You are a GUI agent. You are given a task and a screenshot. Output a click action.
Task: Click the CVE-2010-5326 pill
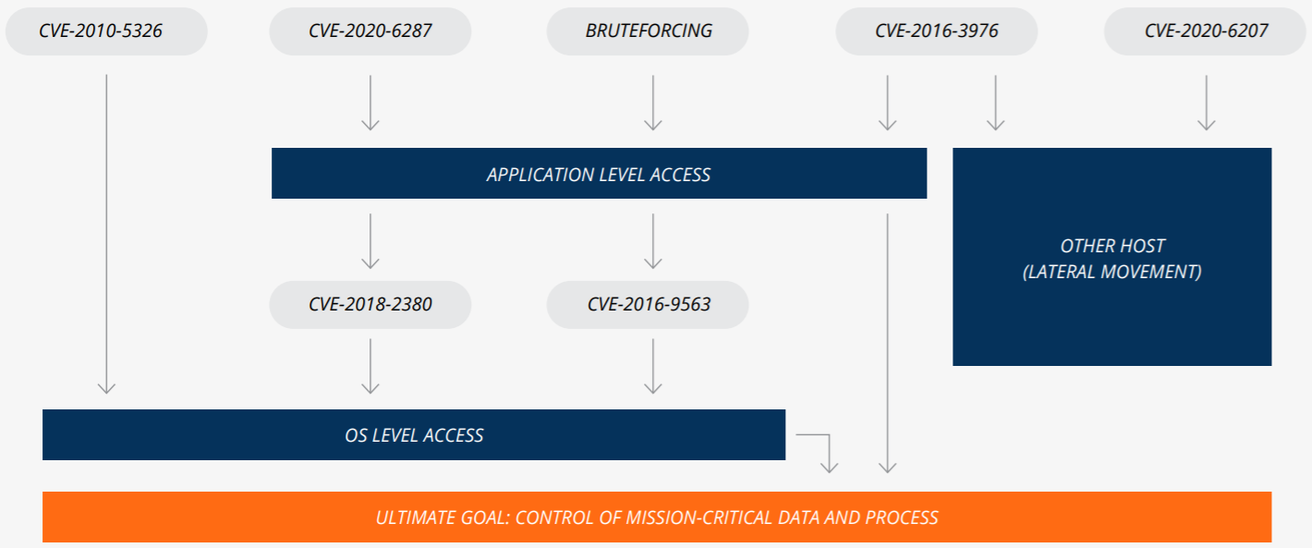click(106, 31)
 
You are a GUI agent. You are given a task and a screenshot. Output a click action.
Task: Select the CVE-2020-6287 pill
click(371, 31)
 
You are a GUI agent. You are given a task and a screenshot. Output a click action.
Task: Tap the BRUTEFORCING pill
click(648, 31)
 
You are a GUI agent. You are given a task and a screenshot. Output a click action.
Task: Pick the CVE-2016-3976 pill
click(937, 31)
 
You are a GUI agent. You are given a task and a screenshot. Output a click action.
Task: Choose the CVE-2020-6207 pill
click(1206, 31)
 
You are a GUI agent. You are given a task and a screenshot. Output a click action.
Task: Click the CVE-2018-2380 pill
click(371, 305)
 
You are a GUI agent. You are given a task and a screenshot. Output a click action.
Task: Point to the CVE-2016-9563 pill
click(648, 305)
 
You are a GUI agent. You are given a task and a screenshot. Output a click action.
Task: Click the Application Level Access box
click(600, 174)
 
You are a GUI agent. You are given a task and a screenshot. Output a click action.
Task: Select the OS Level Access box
click(414, 435)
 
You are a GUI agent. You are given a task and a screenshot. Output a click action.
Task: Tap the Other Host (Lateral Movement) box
click(1112, 257)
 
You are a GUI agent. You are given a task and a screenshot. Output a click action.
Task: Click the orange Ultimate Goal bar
click(657, 517)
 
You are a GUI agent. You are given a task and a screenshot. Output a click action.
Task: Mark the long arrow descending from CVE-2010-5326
click(106, 234)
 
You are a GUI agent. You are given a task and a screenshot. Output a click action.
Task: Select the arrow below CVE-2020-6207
click(1207, 103)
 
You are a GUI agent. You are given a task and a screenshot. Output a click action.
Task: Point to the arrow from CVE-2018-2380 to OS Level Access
click(371, 366)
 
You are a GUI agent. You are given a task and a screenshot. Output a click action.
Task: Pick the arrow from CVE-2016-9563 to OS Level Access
click(653, 366)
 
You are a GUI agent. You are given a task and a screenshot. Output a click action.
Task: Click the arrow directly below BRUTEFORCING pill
click(653, 103)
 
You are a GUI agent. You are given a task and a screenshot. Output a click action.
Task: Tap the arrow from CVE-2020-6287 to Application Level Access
click(371, 103)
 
